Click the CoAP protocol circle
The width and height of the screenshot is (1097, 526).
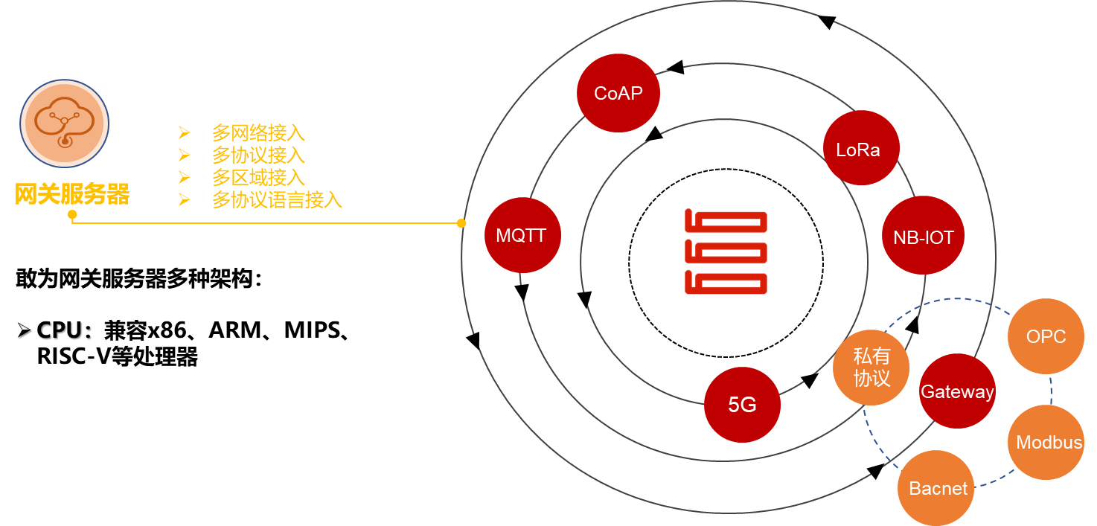618,93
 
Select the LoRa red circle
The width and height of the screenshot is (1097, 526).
861,148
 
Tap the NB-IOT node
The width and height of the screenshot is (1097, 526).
923,237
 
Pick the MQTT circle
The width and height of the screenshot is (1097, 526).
522,235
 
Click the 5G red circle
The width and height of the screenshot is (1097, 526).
742,404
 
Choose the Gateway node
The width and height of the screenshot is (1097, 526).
957,391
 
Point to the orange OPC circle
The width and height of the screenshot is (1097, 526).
1046,336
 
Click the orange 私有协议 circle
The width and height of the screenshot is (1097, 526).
871,368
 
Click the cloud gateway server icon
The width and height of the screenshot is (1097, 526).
65,124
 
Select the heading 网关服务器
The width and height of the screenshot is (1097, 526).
72,194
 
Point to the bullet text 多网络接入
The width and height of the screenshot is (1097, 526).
258,133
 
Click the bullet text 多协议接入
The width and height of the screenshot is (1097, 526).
258,155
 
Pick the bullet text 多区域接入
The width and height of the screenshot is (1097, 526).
258,177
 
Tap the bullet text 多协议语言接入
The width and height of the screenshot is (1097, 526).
277,199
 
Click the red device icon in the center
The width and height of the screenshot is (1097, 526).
726,252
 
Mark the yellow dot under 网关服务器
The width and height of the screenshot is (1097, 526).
72,215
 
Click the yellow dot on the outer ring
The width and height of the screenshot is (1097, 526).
461,223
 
